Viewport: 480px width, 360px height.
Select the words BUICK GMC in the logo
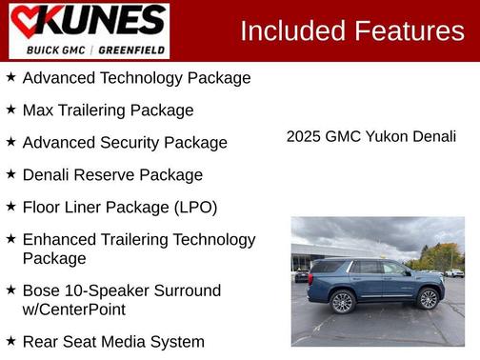click(x=58, y=50)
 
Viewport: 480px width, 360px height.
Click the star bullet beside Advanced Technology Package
click(x=10, y=77)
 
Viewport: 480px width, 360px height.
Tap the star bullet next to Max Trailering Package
click(x=10, y=110)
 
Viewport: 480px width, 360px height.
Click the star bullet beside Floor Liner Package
click(x=10, y=207)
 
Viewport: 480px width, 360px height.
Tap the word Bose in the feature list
click(x=42, y=291)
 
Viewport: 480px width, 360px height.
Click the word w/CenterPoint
click(x=74, y=310)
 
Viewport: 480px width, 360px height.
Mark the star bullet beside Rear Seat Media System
click(x=10, y=341)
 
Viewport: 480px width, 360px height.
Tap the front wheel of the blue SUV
click(x=428, y=298)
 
